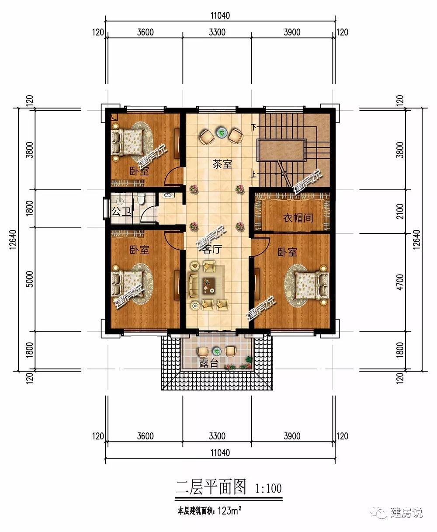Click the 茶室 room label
click(222, 164)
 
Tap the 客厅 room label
click(212, 249)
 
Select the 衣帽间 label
click(298, 218)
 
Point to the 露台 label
click(208, 363)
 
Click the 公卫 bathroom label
click(121, 211)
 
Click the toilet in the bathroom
click(140, 198)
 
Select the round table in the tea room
click(222, 132)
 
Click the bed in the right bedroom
click(312, 285)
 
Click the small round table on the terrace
click(216, 351)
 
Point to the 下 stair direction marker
click(253, 127)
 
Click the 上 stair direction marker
click(253, 174)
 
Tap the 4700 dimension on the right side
click(400, 282)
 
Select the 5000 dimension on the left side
click(29, 279)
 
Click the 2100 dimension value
click(400, 212)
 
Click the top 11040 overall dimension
click(220, 16)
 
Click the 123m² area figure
click(229, 511)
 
